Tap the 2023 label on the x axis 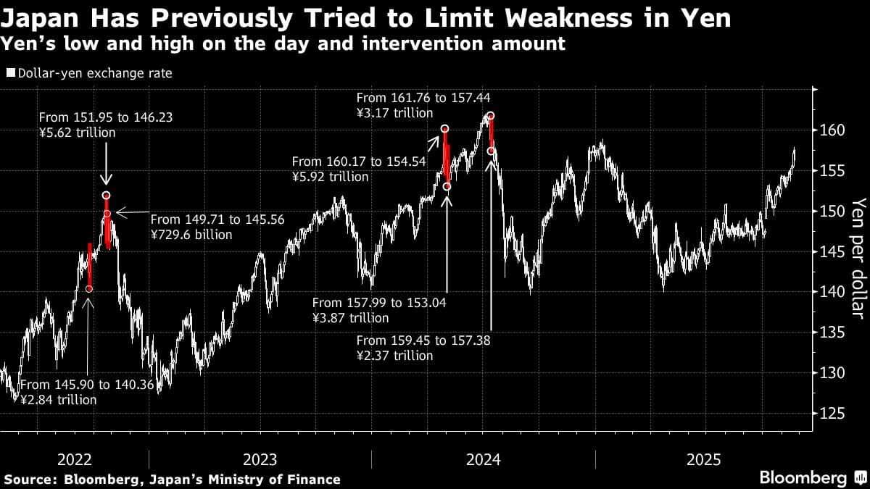[260, 459]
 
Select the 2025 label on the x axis [704, 459]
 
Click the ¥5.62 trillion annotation [77, 133]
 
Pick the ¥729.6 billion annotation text [191, 235]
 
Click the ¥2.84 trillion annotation [58, 399]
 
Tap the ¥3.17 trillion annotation [394, 113]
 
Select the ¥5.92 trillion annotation [330, 177]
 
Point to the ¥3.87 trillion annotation [350, 318]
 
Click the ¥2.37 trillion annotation [394, 356]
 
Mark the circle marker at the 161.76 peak [491, 116]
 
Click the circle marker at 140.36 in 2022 [89, 289]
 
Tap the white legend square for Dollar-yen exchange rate [10, 73]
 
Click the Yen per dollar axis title [858, 257]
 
